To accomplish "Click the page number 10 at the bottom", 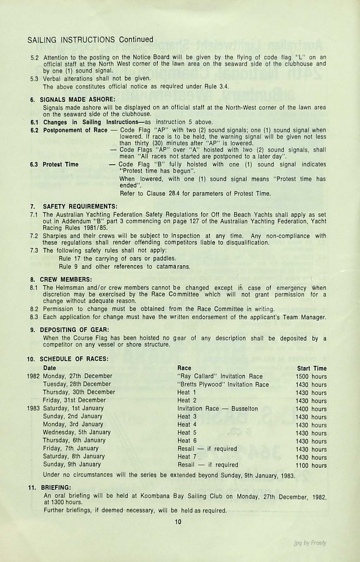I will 178,522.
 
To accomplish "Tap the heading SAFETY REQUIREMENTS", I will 80,205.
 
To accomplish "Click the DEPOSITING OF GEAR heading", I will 74,330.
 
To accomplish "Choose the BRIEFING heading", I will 56,488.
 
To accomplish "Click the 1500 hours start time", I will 311,376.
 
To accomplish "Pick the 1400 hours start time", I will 311,409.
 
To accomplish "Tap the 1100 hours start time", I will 311,465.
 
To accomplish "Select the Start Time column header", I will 312,368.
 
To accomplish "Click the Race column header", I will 184,368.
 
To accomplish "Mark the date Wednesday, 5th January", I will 77,432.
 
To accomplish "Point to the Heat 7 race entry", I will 187,457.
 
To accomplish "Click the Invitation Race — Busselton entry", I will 218,409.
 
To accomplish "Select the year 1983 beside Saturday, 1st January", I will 34,408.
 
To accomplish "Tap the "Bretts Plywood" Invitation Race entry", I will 223,384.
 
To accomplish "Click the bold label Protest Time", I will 60,164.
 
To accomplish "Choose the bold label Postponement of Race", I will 75,130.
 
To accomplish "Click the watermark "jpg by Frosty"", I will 310,543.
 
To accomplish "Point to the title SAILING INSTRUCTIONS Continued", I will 90,39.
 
